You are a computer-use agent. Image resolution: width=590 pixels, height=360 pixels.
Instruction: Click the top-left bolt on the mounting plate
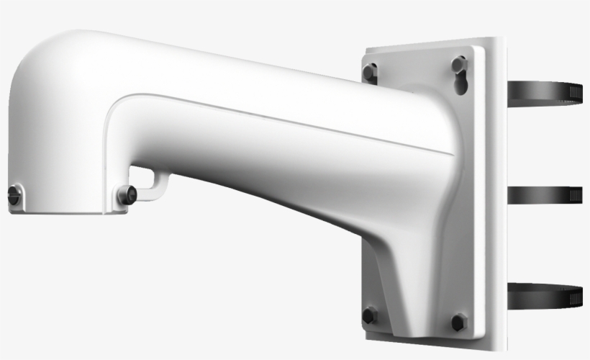(x=369, y=72)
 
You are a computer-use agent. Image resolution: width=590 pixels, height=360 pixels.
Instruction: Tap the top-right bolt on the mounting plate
(x=459, y=65)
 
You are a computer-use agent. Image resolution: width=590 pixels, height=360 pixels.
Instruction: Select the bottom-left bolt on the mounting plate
(x=369, y=315)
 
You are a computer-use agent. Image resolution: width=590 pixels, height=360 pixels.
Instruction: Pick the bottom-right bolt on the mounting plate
(x=458, y=321)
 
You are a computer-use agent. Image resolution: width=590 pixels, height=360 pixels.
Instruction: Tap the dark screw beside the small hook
(x=127, y=193)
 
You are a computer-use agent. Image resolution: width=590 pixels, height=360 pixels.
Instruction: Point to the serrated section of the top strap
(x=573, y=91)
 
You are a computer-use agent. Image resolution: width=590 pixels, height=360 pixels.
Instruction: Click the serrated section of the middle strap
(x=574, y=194)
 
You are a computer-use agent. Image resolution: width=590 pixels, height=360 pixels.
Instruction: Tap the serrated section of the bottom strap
(x=574, y=297)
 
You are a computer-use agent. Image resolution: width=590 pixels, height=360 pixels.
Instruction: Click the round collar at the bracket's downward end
(x=65, y=198)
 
